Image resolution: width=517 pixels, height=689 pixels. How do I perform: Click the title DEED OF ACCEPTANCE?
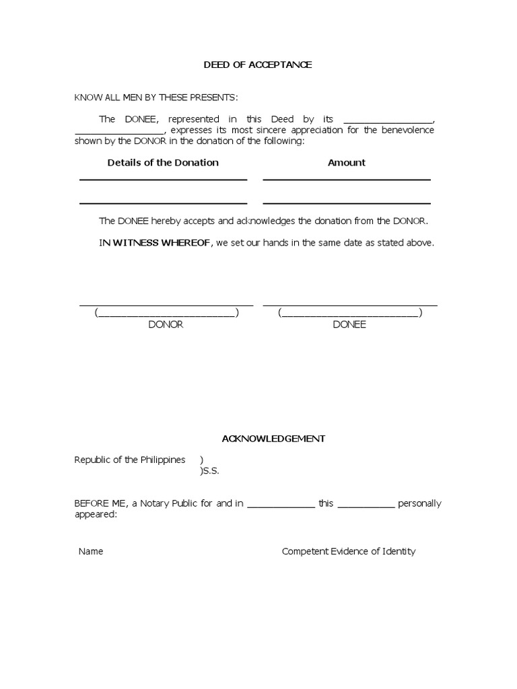coord(258,65)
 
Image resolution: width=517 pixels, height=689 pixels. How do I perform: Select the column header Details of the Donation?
coord(163,162)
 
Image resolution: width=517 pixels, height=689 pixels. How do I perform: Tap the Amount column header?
coord(347,162)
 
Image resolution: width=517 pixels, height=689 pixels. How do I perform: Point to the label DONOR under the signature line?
coord(166,324)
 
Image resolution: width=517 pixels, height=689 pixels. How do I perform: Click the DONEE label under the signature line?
coord(349,324)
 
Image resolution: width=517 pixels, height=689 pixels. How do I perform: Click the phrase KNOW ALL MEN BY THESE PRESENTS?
coord(156,98)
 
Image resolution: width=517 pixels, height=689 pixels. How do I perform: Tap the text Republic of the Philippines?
coord(129,460)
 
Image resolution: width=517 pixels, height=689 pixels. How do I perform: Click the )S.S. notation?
coord(209,471)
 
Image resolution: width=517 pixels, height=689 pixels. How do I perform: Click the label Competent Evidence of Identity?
coord(349,551)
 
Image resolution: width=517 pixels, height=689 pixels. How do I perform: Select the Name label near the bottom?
coord(91,551)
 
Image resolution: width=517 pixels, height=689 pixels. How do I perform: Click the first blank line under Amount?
coord(347,179)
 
